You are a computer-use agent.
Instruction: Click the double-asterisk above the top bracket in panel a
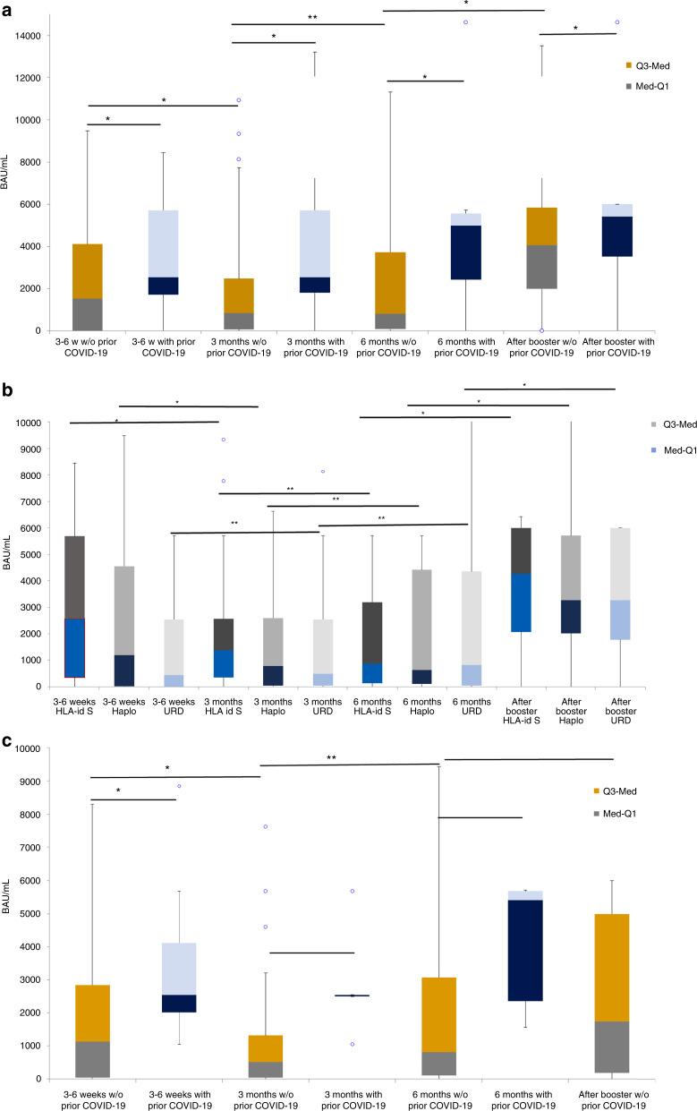312,17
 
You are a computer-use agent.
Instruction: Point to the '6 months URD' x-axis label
471,712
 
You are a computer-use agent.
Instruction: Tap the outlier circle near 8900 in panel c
179,786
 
